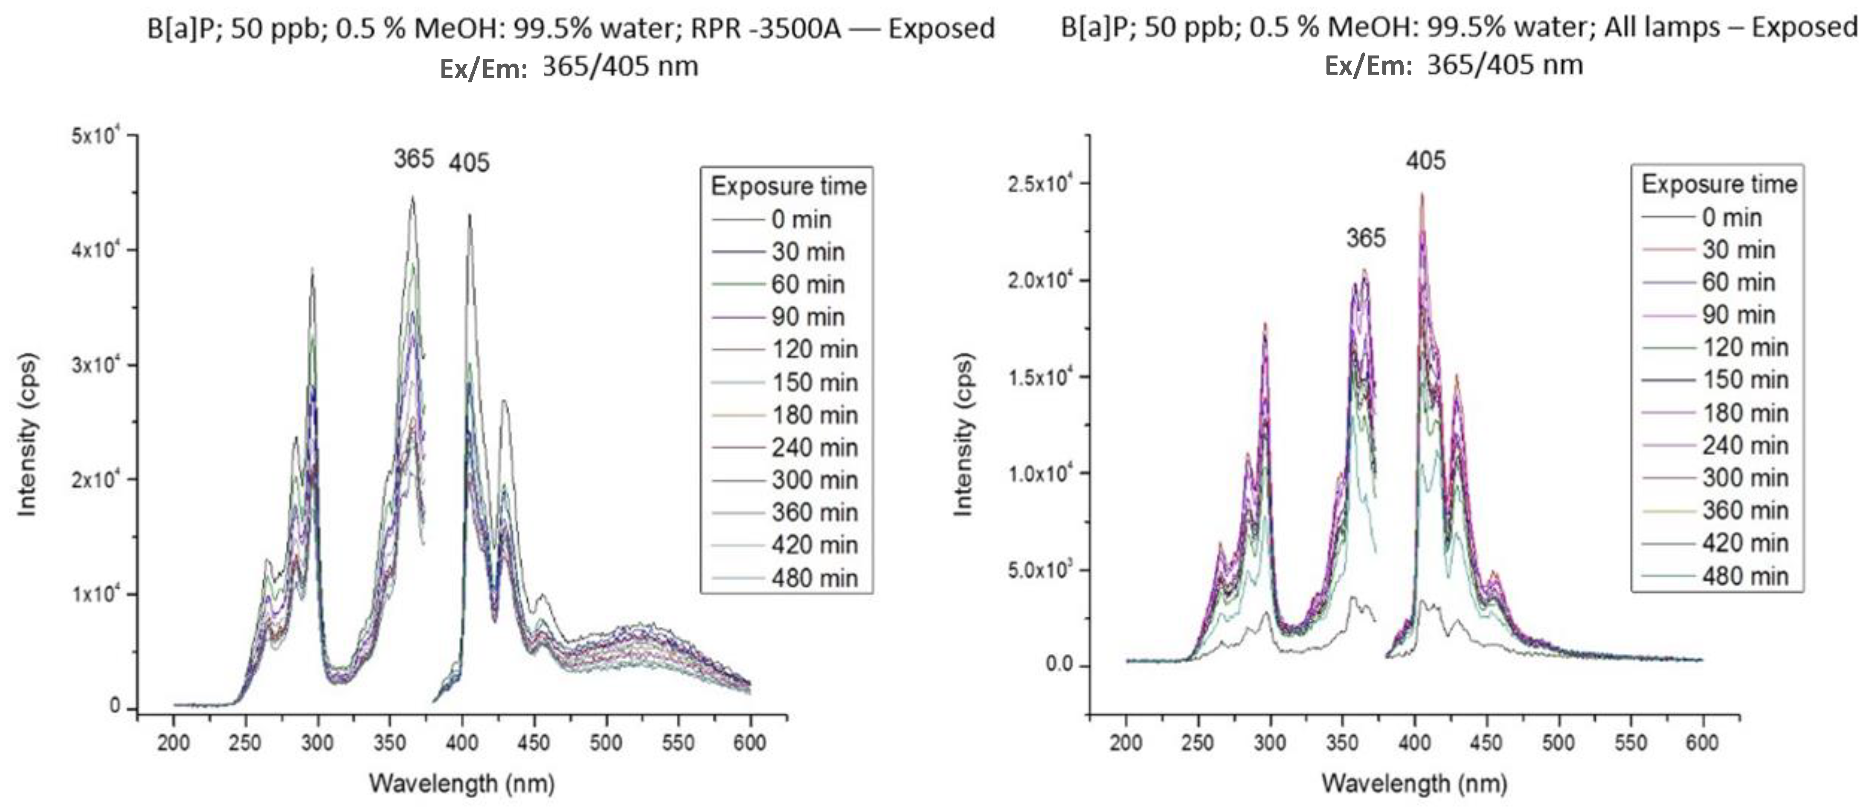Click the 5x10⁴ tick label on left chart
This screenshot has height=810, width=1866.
coord(95,136)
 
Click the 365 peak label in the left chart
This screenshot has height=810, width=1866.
coord(414,159)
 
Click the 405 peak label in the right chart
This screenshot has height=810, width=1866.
coord(1425,160)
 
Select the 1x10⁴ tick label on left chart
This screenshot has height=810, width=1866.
coord(95,594)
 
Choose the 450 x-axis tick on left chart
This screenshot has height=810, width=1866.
coord(534,743)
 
